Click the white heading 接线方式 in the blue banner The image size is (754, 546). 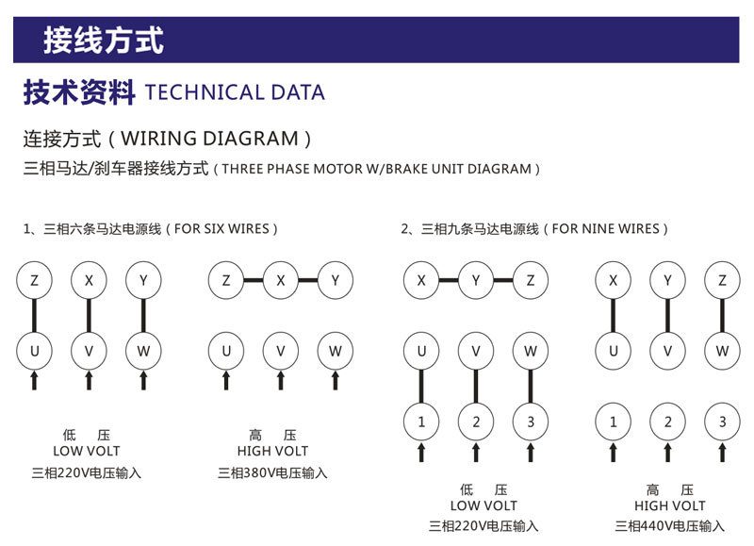(x=104, y=41)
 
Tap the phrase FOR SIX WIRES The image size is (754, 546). (x=221, y=228)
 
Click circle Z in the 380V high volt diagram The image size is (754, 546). (x=226, y=280)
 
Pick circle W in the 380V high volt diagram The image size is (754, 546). (x=335, y=351)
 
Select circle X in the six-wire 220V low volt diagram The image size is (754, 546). (x=90, y=280)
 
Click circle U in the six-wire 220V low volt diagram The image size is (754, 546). (x=35, y=351)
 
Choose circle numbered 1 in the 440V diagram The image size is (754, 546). (x=614, y=422)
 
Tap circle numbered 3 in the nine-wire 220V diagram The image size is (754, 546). (x=531, y=422)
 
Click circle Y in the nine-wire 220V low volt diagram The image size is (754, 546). (x=476, y=280)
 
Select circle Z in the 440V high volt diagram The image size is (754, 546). (x=723, y=280)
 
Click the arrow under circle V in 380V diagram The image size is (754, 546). (x=281, y=379)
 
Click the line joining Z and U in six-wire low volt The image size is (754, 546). (x=35, y=316)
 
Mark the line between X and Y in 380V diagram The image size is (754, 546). (x=307, y=280)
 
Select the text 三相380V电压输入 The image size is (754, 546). (x=272, y=472)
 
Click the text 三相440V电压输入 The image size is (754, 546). (x=670, y=525)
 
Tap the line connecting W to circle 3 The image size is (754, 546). (x=531, y=387)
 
